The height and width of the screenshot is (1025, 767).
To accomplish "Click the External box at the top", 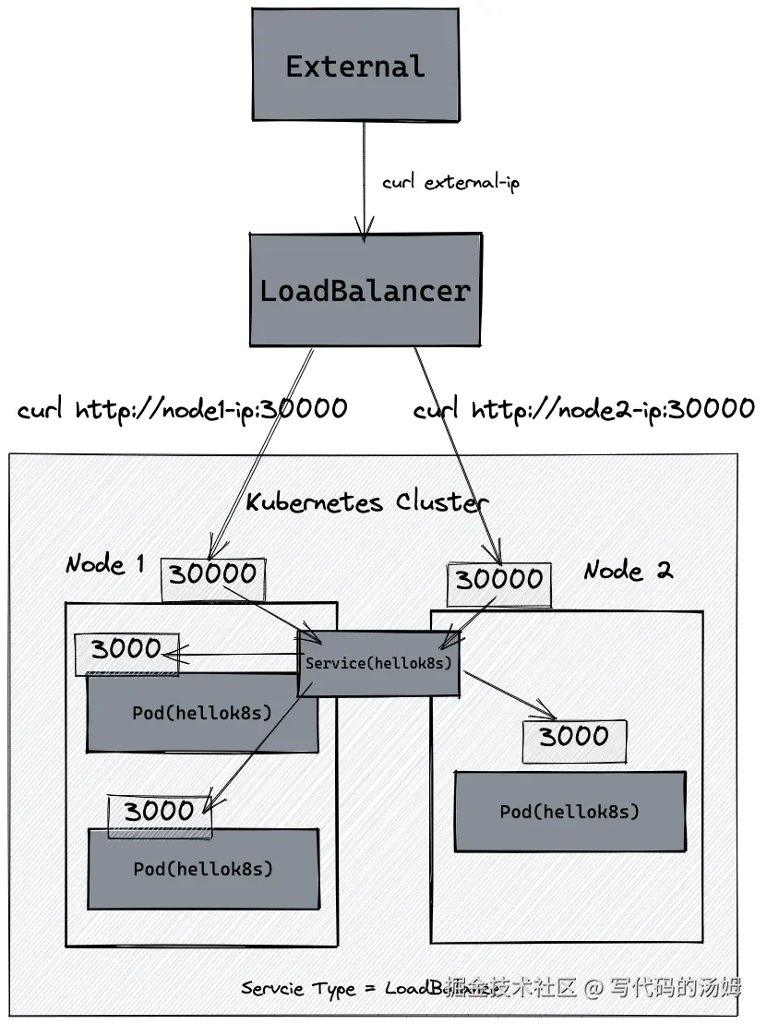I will click(355, 66).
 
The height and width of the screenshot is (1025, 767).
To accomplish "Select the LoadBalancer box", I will click(365, 290).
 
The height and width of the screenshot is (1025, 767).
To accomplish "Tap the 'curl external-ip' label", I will click(450, 182).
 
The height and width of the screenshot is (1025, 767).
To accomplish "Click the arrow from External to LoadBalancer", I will click(365, 175).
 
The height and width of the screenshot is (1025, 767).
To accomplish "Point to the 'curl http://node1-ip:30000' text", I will click(183, 408).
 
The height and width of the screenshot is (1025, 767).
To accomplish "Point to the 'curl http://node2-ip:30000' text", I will click(583, 408).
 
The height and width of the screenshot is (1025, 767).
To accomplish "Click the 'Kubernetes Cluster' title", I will click(366, 501).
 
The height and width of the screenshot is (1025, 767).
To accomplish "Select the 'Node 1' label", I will click(105, 563).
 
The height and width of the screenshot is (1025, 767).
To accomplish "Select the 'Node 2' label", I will click(628, 570).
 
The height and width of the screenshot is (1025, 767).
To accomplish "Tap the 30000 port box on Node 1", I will click(213, 575).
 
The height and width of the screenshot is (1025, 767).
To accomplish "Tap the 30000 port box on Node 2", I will click(499, 580).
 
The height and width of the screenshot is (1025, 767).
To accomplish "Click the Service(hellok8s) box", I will click(378, 663).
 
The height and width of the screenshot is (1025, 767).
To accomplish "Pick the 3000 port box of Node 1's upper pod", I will click(126, 649).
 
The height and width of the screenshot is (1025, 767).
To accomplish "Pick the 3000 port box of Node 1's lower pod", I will click(159, 813).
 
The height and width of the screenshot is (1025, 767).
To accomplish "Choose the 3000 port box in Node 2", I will click(574, 738).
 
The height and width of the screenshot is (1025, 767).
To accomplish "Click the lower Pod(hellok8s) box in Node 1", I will click(203, 869).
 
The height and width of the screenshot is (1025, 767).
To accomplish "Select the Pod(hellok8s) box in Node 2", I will click(569, 812).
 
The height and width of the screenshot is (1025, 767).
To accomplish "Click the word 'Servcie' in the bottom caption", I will click(271, 989).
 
